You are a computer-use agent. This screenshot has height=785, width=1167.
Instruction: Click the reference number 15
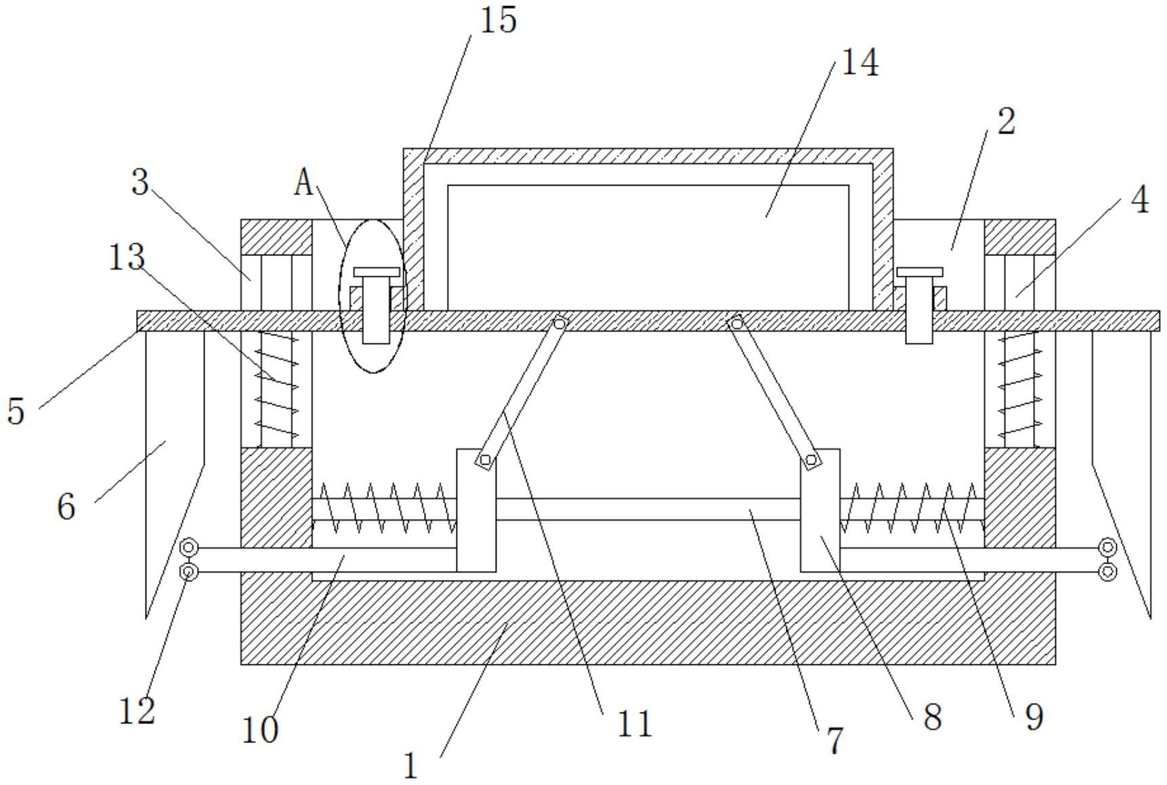pyautogui.click(x=498, y=20)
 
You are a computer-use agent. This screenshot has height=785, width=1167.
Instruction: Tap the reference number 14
pyautogui.click(x=860, y=63)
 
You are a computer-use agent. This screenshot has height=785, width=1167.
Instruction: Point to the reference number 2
pyautogui.click(x=1006, y=122)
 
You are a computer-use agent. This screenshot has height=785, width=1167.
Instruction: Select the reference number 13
pyautogui.click(x=127, y=257)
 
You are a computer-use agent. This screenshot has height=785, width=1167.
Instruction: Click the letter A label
pyautogui.click(x=304, y=183)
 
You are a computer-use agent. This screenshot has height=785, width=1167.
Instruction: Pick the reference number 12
pyautogui.click(x=137, y=711)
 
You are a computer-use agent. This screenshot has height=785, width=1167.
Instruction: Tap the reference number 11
pyautogui.click(x=634, y=724)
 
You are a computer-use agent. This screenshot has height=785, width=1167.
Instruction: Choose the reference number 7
pyautogui.click(x=836, y=740)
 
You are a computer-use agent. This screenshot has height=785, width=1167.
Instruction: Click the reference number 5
pyautogui.click(x=16, y=411)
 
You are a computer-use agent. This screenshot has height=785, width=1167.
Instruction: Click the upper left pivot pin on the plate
pyautogui.click(x=559, y=324)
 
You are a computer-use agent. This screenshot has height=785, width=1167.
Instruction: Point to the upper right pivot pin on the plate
pyautogui.click(x=736, y=323)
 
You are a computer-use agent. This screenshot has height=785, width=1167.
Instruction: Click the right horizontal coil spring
pyautogui.click(x=912, y=509)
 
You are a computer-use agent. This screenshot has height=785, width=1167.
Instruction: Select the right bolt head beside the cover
pyautogui.click(x=919, y=272)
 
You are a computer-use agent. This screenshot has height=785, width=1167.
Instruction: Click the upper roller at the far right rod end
pyautogui.click(x=1107, y=547)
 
